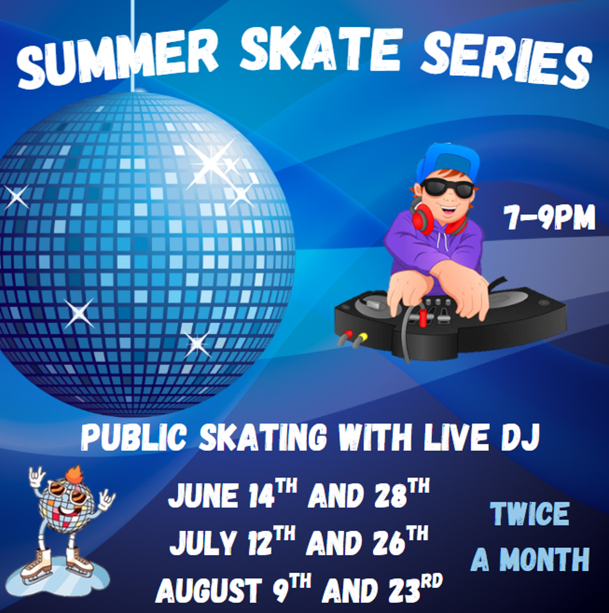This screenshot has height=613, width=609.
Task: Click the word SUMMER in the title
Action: [117, 59]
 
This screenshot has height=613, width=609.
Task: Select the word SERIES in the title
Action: [507, 59]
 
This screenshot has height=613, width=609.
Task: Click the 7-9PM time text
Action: [549, 217]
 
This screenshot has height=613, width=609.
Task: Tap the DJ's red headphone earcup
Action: [420, 217]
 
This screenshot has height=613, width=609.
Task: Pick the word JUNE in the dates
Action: [203, 495]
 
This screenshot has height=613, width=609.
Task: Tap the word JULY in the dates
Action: [203, 542]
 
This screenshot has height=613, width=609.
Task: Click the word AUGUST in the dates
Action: [209, 590]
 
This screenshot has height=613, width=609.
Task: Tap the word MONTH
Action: [544, 559]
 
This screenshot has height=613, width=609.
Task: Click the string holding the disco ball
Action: [133, 45]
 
